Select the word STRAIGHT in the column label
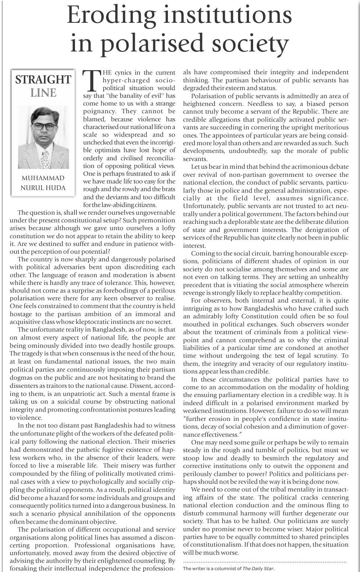click(x=43, y=80)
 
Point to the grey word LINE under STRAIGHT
click(x=43, y=93)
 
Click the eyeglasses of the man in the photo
click(x=44, y=126)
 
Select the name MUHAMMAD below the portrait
click(x=43, y=178)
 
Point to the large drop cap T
click(x=91, y=80)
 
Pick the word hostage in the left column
click(x=21, y=314)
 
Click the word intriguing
click(x=199, y=309)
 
